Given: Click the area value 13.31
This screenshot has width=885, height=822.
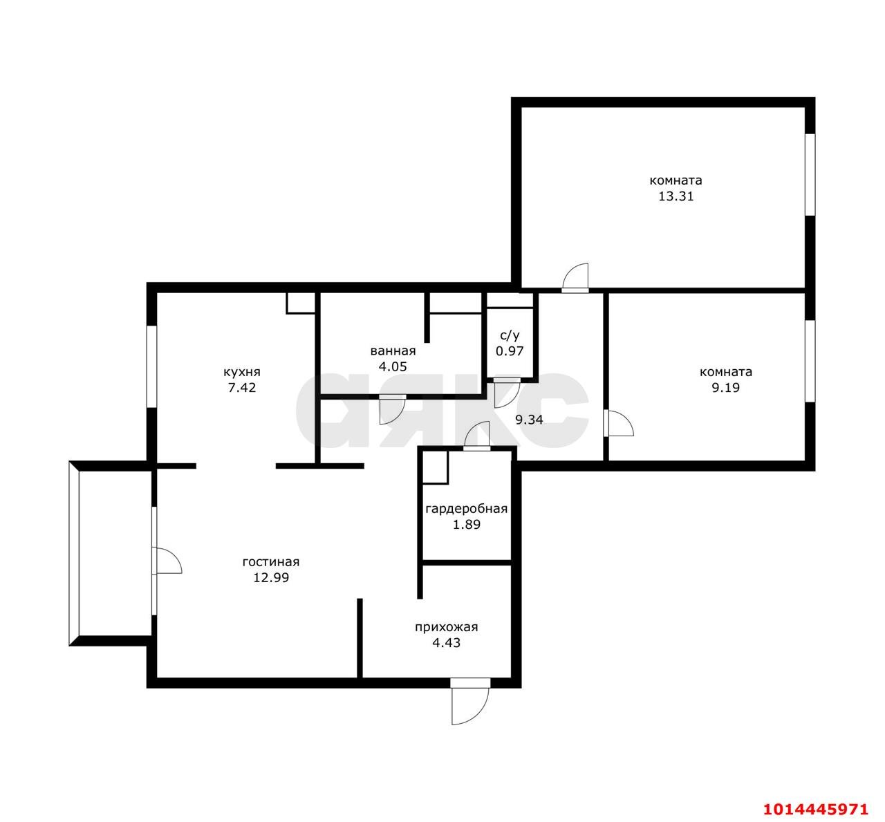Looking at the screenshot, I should point(676,196).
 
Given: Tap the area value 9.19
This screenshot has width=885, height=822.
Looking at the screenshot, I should point(726,388).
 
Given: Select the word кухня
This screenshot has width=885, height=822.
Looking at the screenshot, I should point(242,372).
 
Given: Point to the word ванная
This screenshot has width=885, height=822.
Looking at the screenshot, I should point(393,351).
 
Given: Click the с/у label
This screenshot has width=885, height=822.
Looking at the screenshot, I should point(510,335).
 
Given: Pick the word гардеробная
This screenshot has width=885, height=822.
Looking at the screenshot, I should point(466,509).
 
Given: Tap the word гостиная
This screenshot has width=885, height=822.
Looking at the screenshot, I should point(271,562).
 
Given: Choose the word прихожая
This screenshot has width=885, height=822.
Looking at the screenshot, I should point(447,628).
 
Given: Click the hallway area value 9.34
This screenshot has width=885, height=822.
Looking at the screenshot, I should point(530,419).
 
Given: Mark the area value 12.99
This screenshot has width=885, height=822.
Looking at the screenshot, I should point(271,578).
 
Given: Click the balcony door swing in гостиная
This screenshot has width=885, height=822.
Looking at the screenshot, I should point(167,561).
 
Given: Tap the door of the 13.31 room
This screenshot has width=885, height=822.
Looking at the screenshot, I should point(575,277).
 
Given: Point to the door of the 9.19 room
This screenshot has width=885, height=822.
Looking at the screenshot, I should point(619,423).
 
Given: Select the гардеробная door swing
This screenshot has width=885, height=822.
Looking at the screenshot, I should point(476,437).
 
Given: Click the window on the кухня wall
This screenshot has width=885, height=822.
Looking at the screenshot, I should point(151,366).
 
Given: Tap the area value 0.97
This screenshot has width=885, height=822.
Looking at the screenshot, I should point(510,351).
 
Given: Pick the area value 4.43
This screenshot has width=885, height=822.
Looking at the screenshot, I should point(447,643).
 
